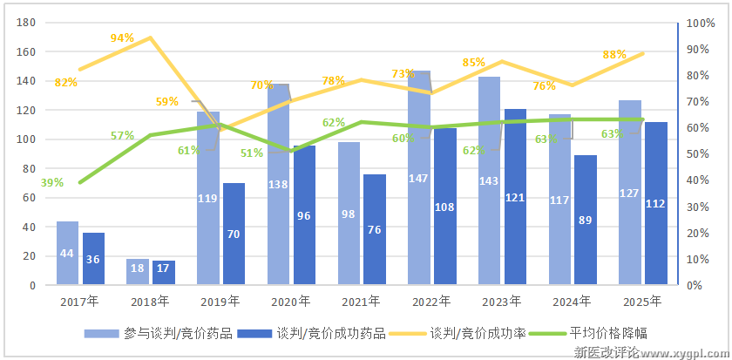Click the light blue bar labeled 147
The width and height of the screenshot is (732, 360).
coord(419,178)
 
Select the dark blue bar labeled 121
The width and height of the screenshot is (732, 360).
coord(516,197)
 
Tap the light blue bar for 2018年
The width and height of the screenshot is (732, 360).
coord(138,271)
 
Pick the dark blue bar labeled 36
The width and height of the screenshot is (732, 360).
coord(93,259)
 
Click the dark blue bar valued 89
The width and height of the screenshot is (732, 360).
coord(586,220)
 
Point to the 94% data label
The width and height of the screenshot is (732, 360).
coord(122,37)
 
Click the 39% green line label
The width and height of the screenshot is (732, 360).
coord(51,182)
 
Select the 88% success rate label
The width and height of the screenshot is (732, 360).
coord(614,54)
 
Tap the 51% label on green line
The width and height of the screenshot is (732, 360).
coord(251,153)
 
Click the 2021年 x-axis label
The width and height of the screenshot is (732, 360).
coord(359,302)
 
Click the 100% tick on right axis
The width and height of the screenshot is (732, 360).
coord(701,24)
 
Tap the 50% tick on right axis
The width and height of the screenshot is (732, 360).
coord(697,154)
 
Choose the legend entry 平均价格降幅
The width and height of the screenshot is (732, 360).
coord(608,333)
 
